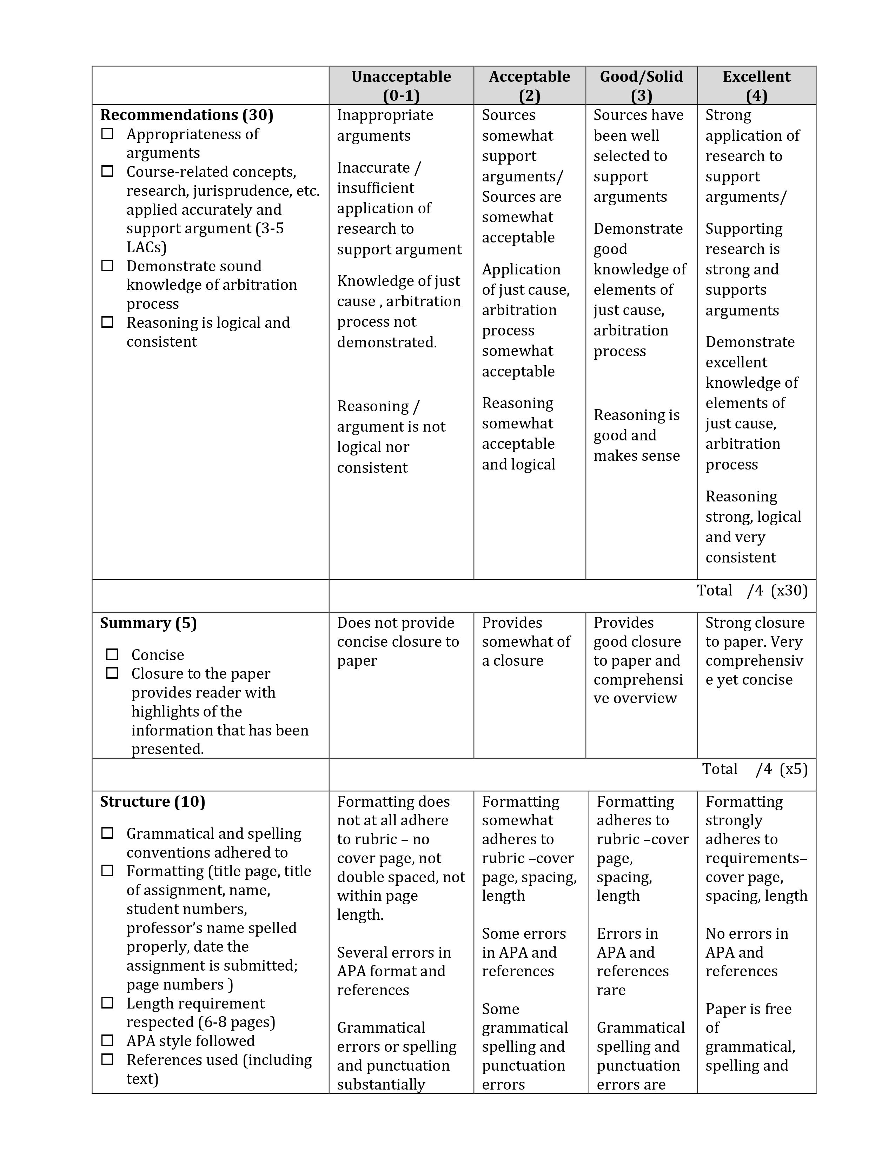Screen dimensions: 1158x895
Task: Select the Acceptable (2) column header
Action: point(529,85)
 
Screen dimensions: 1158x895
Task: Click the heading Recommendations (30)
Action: point(187,115)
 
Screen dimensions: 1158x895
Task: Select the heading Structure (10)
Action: point(153,801)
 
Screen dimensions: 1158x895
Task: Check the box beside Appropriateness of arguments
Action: point(107,134)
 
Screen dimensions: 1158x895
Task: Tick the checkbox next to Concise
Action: point(112,654)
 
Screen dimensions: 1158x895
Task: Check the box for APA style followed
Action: point(107,1040)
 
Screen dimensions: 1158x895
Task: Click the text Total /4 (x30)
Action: point(752,591)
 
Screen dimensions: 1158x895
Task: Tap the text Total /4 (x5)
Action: point(755,769)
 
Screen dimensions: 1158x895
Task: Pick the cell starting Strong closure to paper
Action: point(755,651)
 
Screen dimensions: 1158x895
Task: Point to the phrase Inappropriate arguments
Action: point(385,125)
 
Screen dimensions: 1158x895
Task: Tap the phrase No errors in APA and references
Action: point(747,952)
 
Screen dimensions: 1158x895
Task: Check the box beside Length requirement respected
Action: point(107,1003)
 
